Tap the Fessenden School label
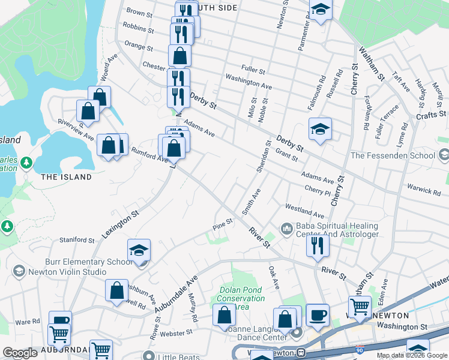[393, 155]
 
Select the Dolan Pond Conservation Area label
[241, 298]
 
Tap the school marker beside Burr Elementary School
[139, 250]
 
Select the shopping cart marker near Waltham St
[360, 306]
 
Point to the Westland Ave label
[304, 211]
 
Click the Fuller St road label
[253, 70]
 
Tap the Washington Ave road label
[249, 82]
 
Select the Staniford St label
[77, 240]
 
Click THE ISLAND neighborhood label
[66, 177]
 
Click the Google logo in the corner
[20, 352]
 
